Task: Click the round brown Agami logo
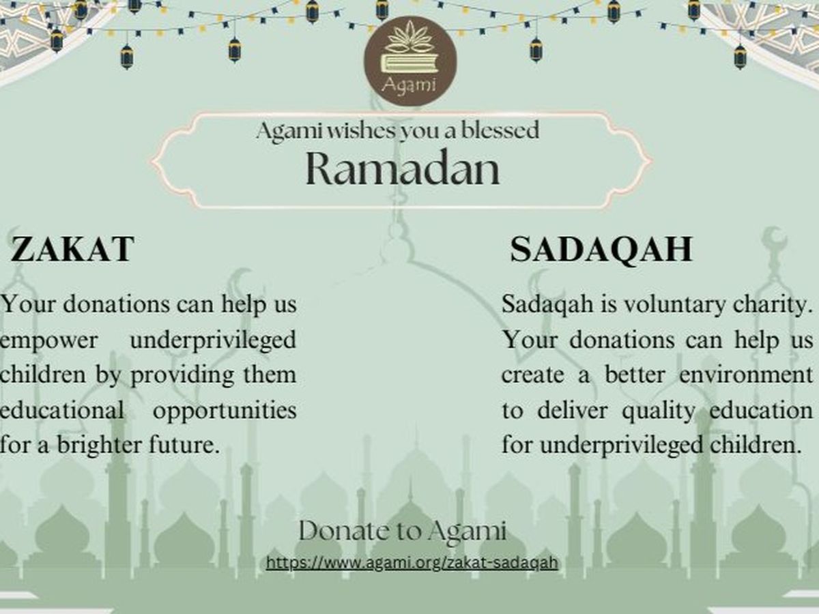coord(410,61)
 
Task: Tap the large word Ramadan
coord(403,168)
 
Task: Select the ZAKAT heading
coord(73,249)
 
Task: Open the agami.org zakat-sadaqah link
coord(412,563)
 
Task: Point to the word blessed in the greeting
coord(500,130)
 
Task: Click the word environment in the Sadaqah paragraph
coord(745,375)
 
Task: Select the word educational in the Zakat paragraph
coord(62,410)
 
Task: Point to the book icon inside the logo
coord(409,63)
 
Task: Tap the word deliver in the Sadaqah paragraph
coord(573,411)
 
